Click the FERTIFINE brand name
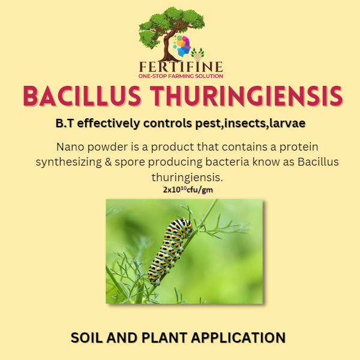pyautogui.click(x=181, y=66)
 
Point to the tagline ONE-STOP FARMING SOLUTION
pyautogui.click(x=181, y=76)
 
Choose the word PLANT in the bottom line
pyautogui.click(x=166, y=337)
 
